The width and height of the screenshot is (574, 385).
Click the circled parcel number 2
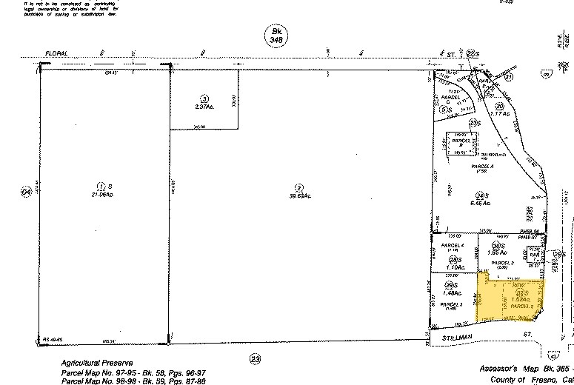pyautogui.click(x=298, y=187)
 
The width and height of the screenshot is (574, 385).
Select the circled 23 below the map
pyautogui.click(x=256, y=360)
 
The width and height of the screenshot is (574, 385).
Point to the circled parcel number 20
pyautogui.click(x=500, y=106)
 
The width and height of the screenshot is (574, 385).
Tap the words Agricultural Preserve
pyautogui.click(x=91, y=364)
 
